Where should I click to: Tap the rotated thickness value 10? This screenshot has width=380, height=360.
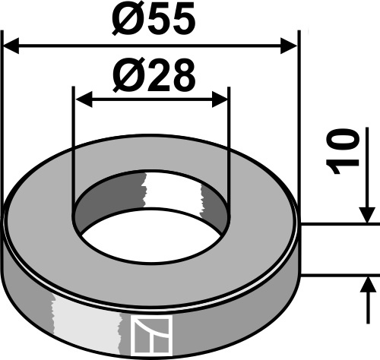[346, 152]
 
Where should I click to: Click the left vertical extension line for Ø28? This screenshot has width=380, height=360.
[74, 152]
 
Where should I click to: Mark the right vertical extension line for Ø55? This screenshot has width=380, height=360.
[298, 114]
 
